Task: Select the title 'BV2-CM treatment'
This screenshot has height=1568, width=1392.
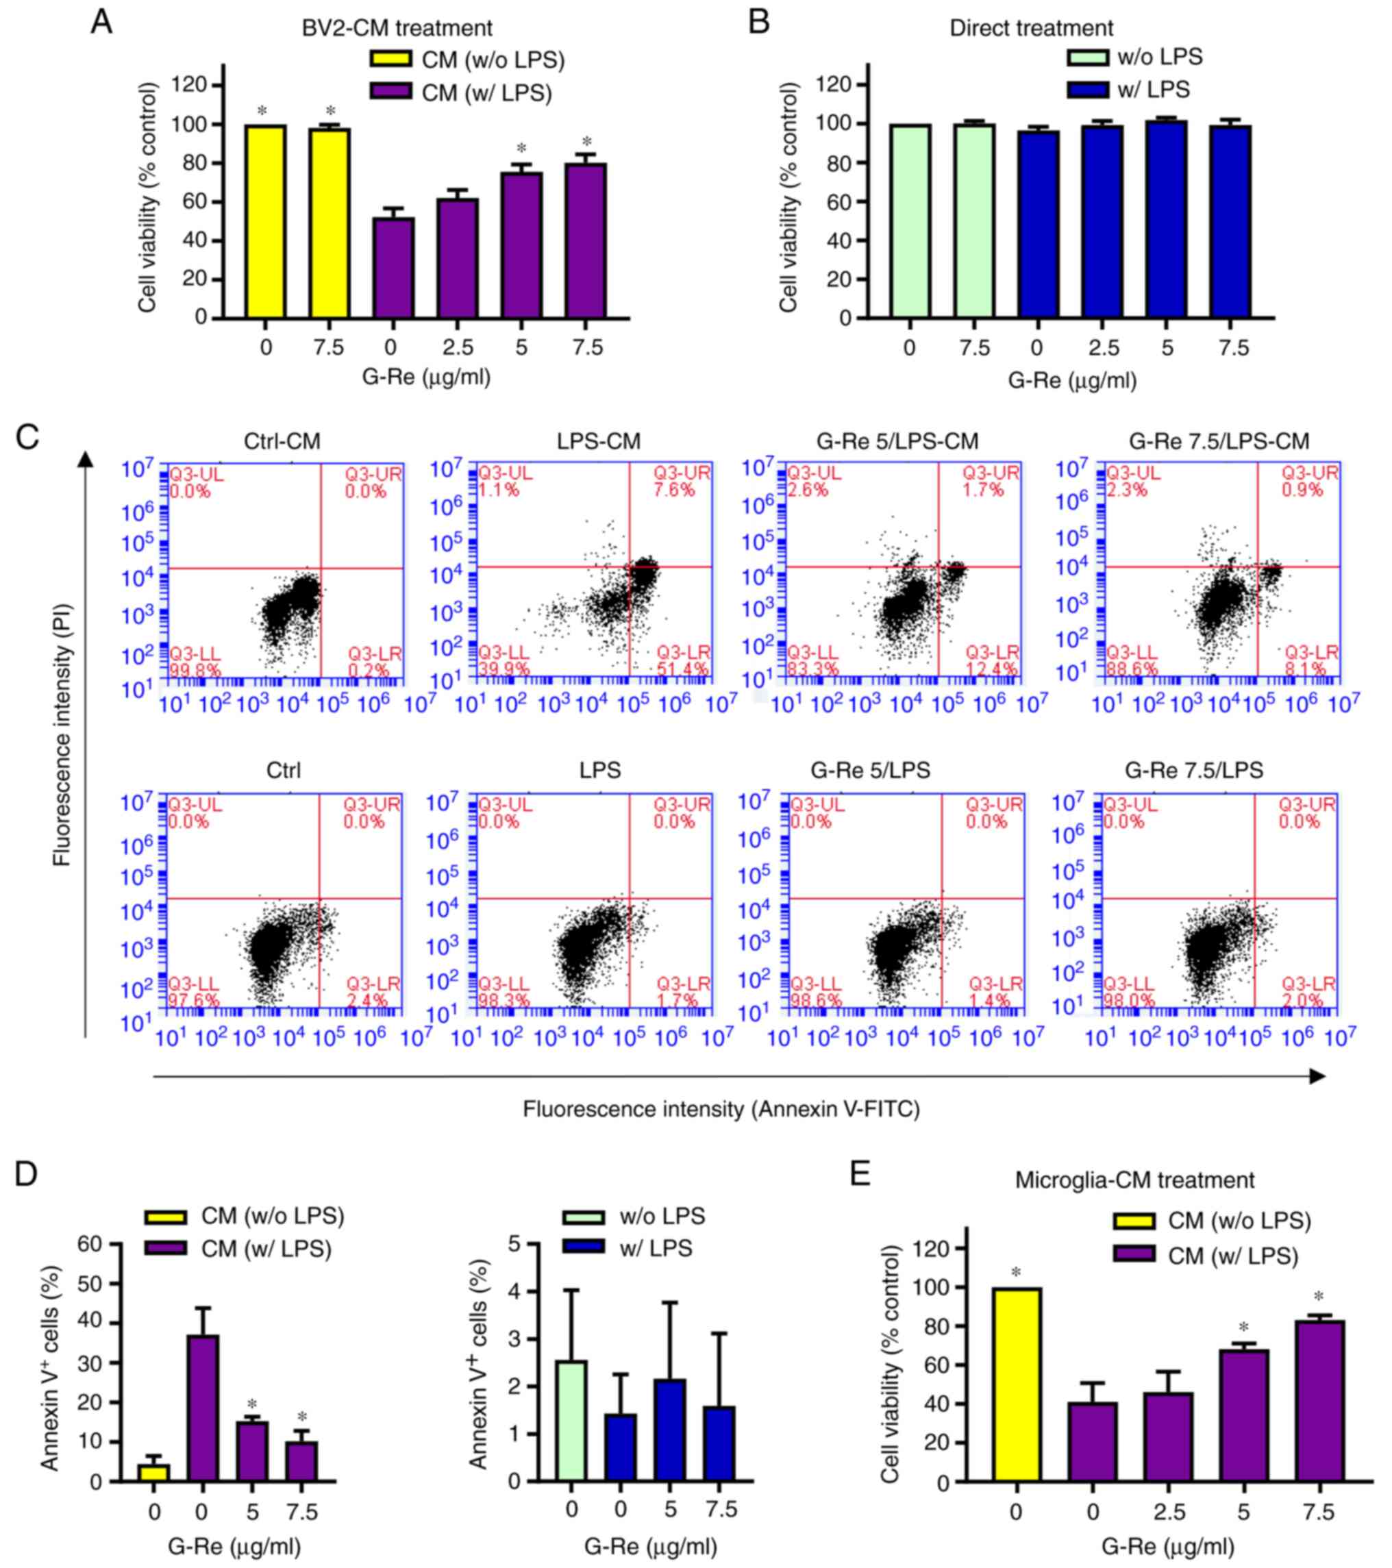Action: click(x=397, y=28)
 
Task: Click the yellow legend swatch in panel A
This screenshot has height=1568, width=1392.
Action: click(x=390, y=59)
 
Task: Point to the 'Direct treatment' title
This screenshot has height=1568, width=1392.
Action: click(x=1031, y=28)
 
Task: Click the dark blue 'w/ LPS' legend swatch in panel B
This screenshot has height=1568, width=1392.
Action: click(x=1086, y=90)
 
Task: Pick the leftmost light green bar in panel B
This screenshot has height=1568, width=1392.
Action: click(x=909, y=221)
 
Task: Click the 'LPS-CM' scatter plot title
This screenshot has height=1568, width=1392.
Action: click(x=599, y=442)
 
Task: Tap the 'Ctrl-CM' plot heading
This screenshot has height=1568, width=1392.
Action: click(x=282, y=442)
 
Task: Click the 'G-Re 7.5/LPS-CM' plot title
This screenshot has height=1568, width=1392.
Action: click(x=1219, y=442)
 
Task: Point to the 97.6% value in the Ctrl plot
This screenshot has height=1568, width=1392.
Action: click(x=193, y=1001)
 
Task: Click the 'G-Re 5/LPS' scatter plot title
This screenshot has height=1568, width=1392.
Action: click(x=870, y=770)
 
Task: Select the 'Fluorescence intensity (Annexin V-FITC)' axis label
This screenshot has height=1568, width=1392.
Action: click(x=721, y=1109)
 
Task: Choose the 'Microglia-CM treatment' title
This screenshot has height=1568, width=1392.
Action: click(x=1134, y=1180)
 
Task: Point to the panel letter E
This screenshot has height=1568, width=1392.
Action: click(x=860, y=1173)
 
